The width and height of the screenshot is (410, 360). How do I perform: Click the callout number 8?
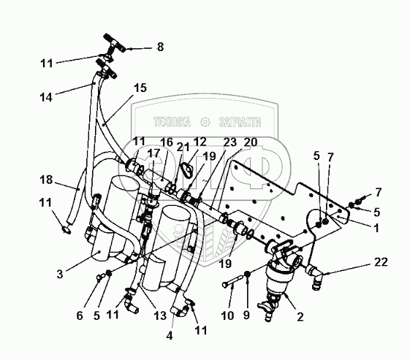160,47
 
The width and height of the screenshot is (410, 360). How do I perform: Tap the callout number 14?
46,97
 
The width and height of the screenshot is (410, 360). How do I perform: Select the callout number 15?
140,88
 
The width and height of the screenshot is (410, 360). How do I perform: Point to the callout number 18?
46,180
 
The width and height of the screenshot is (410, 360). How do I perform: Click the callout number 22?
381,261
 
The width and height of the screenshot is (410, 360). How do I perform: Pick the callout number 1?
376,228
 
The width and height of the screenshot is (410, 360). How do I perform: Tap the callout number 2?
300,317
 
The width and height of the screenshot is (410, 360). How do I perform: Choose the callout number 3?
60,274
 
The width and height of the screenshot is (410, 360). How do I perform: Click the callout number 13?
160,315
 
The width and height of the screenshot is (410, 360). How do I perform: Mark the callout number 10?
227,315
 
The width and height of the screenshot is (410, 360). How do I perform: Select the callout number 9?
246,315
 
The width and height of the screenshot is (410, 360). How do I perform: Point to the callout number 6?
80,316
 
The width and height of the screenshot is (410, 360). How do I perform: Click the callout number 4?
170,336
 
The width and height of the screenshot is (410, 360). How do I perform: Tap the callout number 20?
251,142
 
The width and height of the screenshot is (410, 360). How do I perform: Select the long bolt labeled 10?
230,282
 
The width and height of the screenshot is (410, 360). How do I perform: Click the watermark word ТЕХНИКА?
172,122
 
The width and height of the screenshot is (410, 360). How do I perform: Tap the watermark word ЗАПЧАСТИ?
240,122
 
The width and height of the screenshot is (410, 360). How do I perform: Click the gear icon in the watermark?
205,122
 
